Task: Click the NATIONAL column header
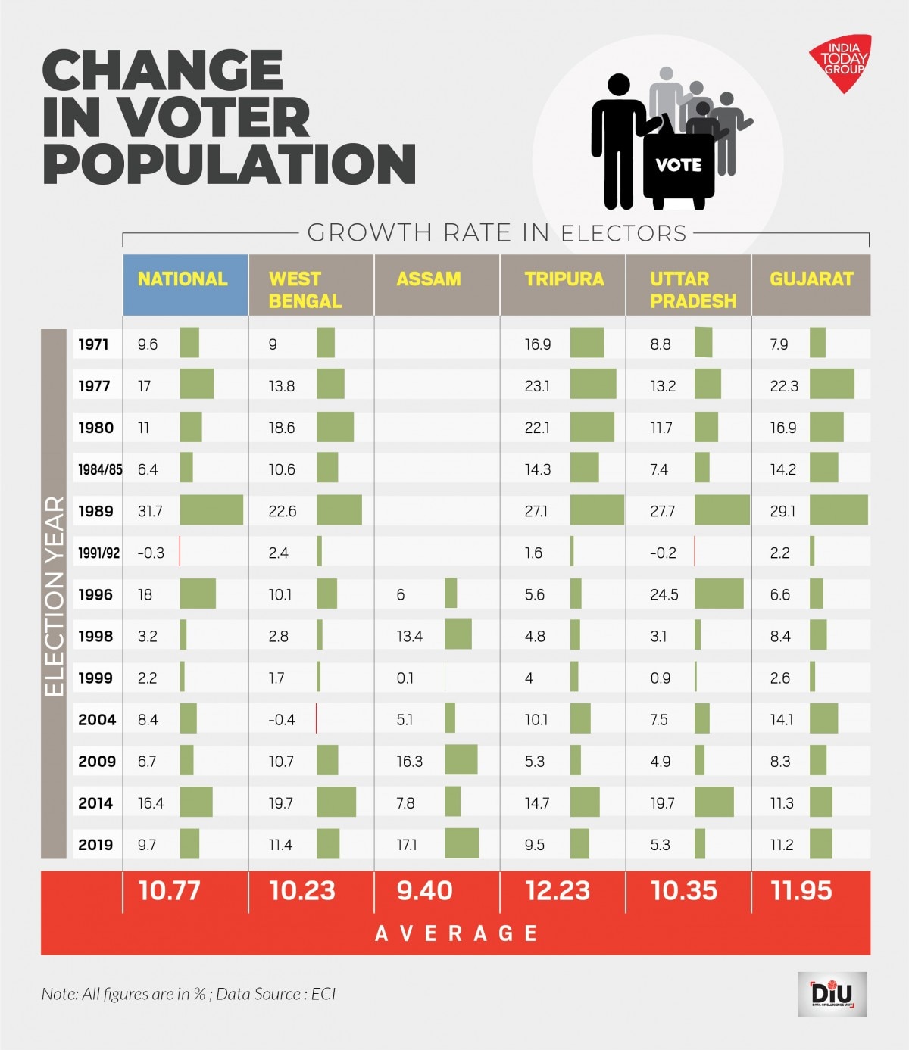(x=183, y=279)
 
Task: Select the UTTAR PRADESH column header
(x=692, y=290)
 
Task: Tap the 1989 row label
(x=95, y=511)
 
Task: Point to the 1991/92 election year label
(x=98, y=553)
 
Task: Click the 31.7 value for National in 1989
(x=150, y=512)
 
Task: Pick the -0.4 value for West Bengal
(x=282, y=720)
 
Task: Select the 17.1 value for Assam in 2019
(x=407, y=845)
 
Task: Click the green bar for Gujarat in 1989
(x=839, y=510)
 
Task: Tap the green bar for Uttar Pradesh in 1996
(x=719, y=594)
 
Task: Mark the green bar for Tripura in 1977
(x=593, y=385)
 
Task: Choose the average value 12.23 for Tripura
(x=558, y=891)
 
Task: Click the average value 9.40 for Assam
(x=424, y=891)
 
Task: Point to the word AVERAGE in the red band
(x=456, y=933)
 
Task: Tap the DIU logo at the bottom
(x=832, y=994)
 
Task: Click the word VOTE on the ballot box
(x=678, y=165)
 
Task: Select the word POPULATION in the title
(x=230, y=164)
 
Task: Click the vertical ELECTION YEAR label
(x=54, y=595)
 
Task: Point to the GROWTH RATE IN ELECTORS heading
(x=496, y=233)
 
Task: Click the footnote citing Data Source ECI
(x=189, y=994)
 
